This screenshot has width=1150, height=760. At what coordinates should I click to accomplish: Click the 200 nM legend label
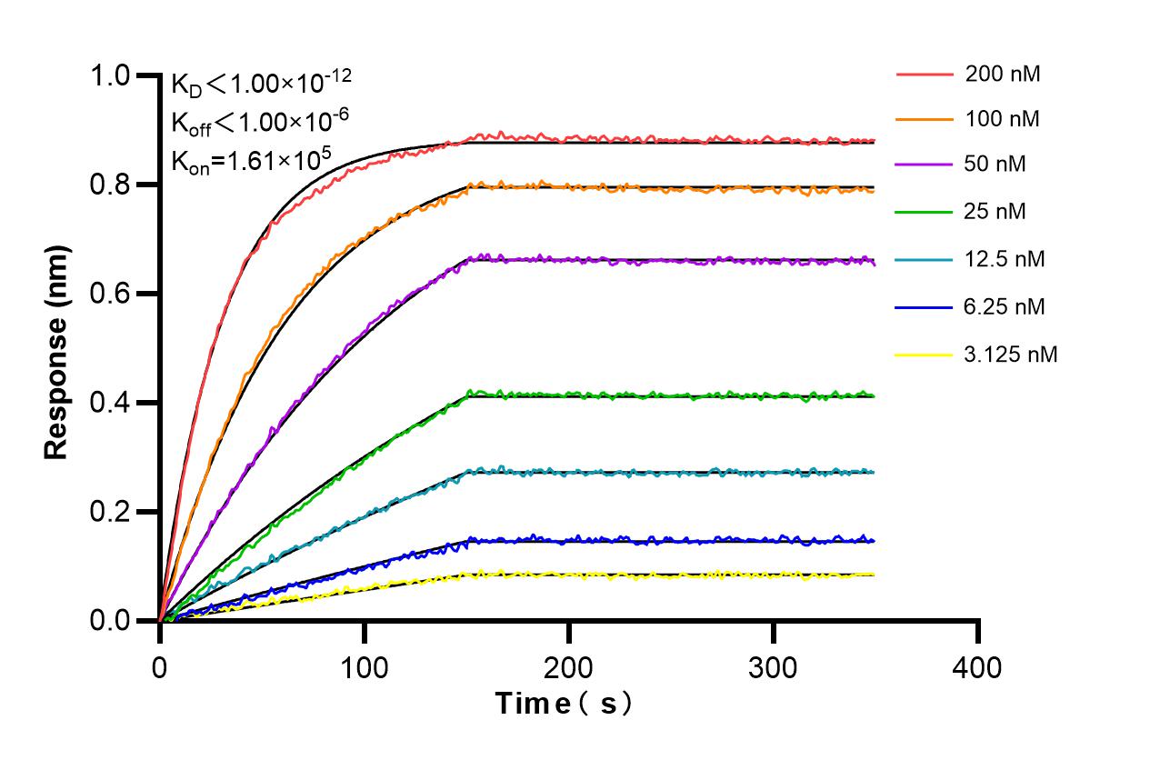[1003, 74]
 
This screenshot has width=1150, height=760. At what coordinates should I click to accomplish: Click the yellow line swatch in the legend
[924, 355]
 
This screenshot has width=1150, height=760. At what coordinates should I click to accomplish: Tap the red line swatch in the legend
[924, 74]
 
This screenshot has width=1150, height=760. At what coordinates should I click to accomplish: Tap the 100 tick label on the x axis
[364, 668]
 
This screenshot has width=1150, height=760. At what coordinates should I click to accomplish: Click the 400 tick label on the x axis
[977, 668]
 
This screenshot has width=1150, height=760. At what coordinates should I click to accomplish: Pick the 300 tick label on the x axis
[773, 668]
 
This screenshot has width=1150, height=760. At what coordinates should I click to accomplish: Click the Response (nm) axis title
[57, 350]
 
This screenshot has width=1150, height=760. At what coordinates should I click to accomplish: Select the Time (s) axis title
[564, 704]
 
